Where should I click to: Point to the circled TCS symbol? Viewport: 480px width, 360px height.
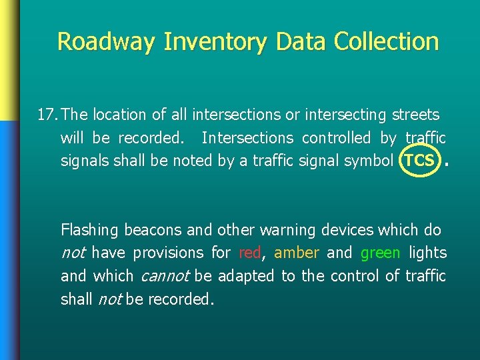tap(420, 161)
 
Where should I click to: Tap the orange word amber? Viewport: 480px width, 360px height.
tap(297, 253)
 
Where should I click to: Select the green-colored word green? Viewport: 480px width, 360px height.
tap(380, 253)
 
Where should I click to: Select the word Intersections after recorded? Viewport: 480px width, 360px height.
tap(247, 138)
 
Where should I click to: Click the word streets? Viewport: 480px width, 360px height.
tap(415, 115)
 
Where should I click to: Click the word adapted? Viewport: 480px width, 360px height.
tap(246, 276)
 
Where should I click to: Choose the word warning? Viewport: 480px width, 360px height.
tap(288, 230)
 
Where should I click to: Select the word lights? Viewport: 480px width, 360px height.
tap(428, 253)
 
